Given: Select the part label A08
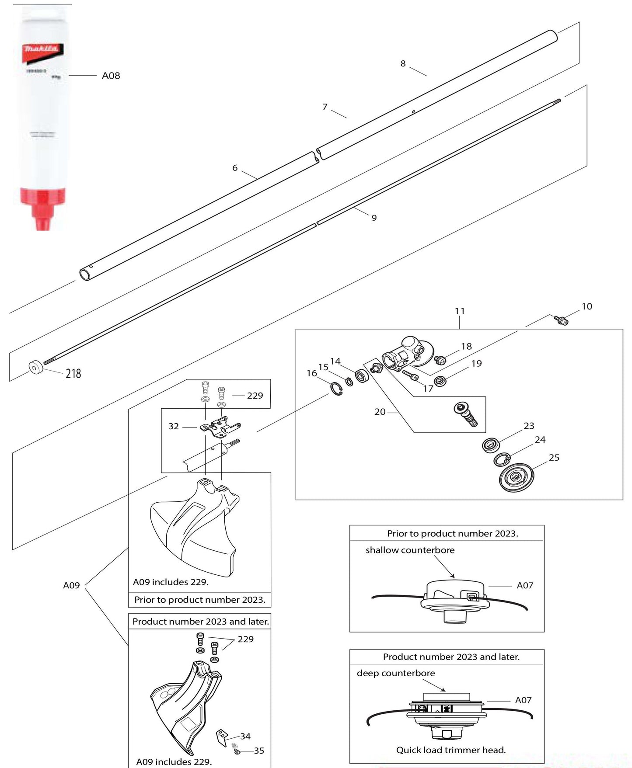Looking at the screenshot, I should click(x=111, y=76).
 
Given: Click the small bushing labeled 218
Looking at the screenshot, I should click(x=35, y=368).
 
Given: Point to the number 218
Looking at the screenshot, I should click(x=73, y=373).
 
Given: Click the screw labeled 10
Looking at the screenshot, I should click(x=561, y=320).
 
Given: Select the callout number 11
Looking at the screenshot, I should click(x=459, y=311).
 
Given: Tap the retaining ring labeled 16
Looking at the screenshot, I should click(x=336, y=389).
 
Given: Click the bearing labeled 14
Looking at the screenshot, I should click(x=362, y=376).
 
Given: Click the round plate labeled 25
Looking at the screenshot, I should click(x=517, y=477).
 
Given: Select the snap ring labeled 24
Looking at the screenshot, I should click(x=502, y=459).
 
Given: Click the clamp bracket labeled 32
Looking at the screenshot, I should click(x=220, y=426).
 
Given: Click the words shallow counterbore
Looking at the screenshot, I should click(x=410, y=550).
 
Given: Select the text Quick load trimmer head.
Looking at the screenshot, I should click(x=450, y=750).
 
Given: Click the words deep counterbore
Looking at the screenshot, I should click(x=396, y=673).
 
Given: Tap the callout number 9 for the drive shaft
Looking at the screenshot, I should click(x=374, y=218).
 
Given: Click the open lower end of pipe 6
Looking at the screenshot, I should click(x=85, y=275).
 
